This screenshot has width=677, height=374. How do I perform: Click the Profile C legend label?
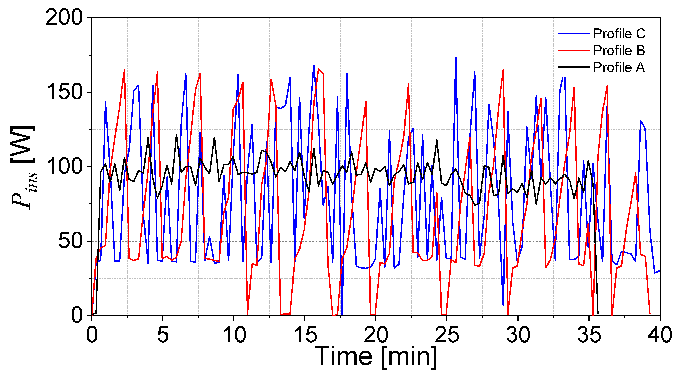click(619, 34)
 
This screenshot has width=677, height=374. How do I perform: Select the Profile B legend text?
click(619, 50)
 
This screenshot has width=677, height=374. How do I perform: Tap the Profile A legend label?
click(619, 67)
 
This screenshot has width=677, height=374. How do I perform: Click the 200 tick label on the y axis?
click(64, 18)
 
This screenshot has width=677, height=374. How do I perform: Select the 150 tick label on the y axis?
click(64, 92)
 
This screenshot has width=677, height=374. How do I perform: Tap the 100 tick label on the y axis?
click(64, 167)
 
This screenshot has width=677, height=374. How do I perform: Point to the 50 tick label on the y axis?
click(70, 241)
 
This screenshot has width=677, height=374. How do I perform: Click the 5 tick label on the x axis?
click(163, 335)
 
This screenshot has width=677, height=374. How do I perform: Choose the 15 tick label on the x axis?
click(305, 335)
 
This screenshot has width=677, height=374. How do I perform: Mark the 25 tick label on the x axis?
click(447, 335)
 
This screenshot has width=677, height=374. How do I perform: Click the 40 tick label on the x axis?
click(660, 335)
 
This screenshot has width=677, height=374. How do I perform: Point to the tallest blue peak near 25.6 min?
click(456, 58)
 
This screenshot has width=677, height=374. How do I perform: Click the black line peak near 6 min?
click(176, 135)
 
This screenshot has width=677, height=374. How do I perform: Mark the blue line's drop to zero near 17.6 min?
click(342, 314)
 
